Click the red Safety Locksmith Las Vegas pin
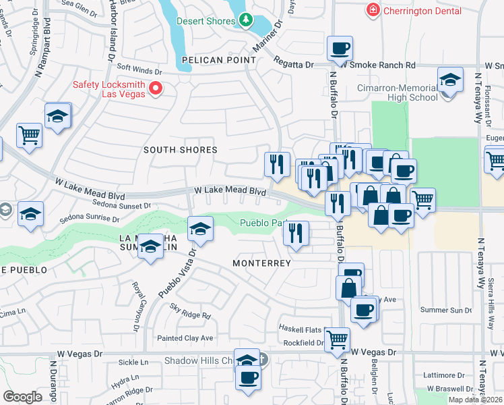pyautogui.click(x=156, y=88)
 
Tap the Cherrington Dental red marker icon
pyautogui.click(x=371, y=10)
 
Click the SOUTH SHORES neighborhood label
pyautogui.click(x=181, y=150)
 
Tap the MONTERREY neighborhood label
pyautogui.click(x=261, y=263)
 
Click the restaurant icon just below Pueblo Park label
pyautogui.click(x=295, y=233)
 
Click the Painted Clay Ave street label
pyautogui.click(x=185, y=338)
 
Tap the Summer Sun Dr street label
pyautogui.click(x=445, y=310)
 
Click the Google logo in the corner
pyautogui.click(x=22, y=397)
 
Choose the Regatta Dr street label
pyautogui.click(x=294, y=65)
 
